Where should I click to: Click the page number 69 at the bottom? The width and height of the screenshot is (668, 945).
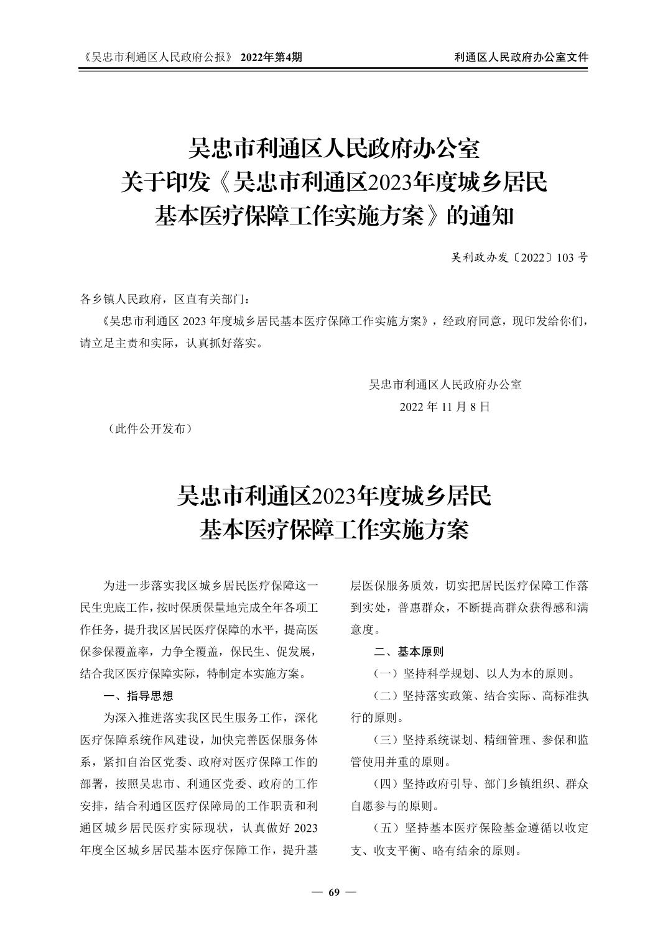334,893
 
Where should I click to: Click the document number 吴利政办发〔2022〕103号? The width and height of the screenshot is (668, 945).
519,257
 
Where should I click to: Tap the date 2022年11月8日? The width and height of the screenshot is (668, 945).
445,407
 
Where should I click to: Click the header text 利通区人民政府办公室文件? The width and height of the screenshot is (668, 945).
521,57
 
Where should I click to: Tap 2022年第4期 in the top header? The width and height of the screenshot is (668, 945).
271,57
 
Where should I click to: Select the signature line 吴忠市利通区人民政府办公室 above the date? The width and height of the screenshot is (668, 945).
445,384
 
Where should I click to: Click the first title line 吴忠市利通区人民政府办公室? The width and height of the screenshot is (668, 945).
334,149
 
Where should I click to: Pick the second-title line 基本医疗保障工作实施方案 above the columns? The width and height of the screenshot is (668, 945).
334,530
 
